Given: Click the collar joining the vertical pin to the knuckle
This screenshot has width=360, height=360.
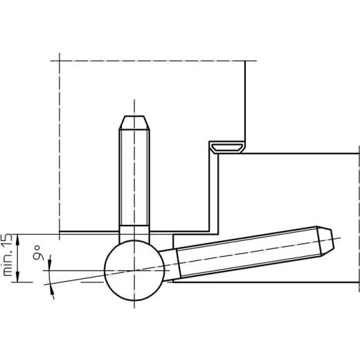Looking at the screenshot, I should pyautogui.click(x=133, y=233).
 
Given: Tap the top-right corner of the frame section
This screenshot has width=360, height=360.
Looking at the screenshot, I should pyautogui.click(x=359, y=151).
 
